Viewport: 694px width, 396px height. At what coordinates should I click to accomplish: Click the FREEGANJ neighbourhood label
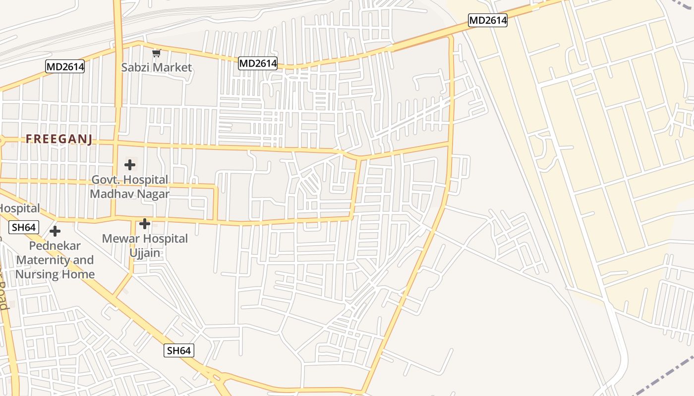tap(59, 139)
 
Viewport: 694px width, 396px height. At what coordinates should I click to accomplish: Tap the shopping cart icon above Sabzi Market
tap(157, 53)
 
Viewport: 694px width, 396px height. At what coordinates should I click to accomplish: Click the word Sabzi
tap(135, 67)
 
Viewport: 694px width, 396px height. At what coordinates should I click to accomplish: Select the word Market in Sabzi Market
tap(172, 67)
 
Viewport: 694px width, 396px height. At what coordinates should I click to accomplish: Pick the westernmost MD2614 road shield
tap(65, 66)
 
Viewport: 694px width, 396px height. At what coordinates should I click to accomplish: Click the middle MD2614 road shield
tap(258, 63)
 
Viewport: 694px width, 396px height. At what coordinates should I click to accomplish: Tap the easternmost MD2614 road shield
tap(488, 20)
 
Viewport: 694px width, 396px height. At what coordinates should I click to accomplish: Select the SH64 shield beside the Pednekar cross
tap(23, 228)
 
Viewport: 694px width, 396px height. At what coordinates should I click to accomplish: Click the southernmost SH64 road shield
tap(178, 350)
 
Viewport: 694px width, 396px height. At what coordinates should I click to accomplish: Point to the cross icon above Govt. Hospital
tap(130, 164)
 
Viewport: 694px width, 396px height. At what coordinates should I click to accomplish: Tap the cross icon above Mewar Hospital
tap(145, 224)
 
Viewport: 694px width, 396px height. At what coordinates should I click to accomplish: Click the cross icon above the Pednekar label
tap(55, 231)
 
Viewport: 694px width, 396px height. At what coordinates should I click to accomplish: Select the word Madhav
tap(110, 194)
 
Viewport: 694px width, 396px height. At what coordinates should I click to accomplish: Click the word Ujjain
tap(145, 253)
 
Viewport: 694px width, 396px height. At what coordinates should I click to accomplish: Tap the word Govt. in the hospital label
tap(106, 180)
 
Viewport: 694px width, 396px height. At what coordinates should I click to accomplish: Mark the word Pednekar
tap(55, 246)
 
